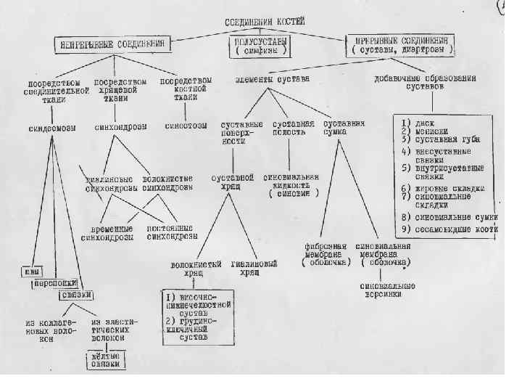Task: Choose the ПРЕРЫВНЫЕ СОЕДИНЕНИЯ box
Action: (401, 45)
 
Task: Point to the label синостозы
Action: (186, 126)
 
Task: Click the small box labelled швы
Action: (30, 271)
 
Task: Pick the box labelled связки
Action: (78, 295)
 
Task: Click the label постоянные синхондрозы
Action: (172, 232)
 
